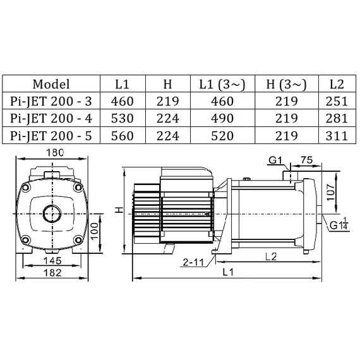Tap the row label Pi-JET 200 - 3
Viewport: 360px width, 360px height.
click(x=51, y=101)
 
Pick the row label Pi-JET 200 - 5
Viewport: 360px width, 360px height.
click(x=51, y=135)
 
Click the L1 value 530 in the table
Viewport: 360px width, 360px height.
click(x=123, y=118)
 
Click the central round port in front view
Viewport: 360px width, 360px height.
click(x=51, y=213)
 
